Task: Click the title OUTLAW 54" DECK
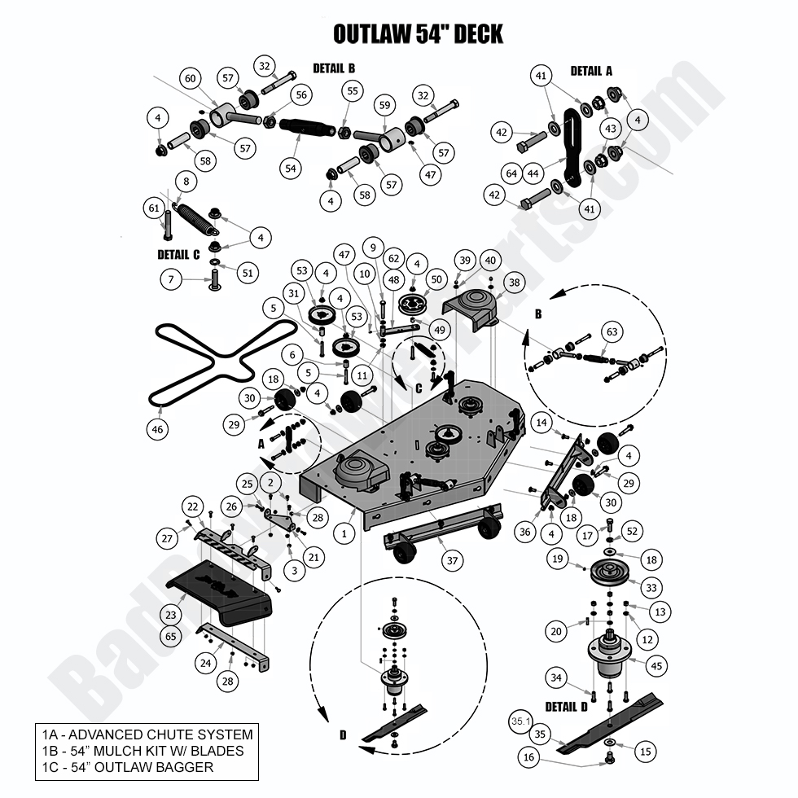(419, 34)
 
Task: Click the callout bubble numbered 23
(171, 616)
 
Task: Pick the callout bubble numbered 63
(612, 331)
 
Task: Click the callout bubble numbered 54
(291, 168)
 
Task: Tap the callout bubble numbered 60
(191, 78)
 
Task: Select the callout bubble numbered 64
(511, 173)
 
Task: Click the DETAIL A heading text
(591, 71)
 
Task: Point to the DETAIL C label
(178, 254)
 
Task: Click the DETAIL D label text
(566, 706)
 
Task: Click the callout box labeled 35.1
(520, 721)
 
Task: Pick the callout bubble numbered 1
(345, 534)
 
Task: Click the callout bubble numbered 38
(515, 282)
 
